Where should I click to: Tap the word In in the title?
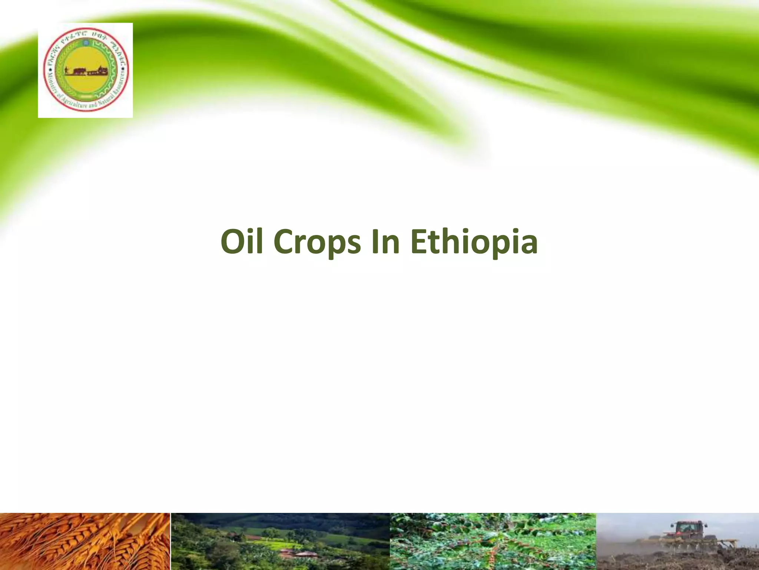[385, 242]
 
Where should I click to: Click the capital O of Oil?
[233, 242]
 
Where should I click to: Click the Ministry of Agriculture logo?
[85, 70]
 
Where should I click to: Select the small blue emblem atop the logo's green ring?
[86, 43]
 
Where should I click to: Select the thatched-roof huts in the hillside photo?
[300, 553]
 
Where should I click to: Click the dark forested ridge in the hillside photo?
[296, 520]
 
